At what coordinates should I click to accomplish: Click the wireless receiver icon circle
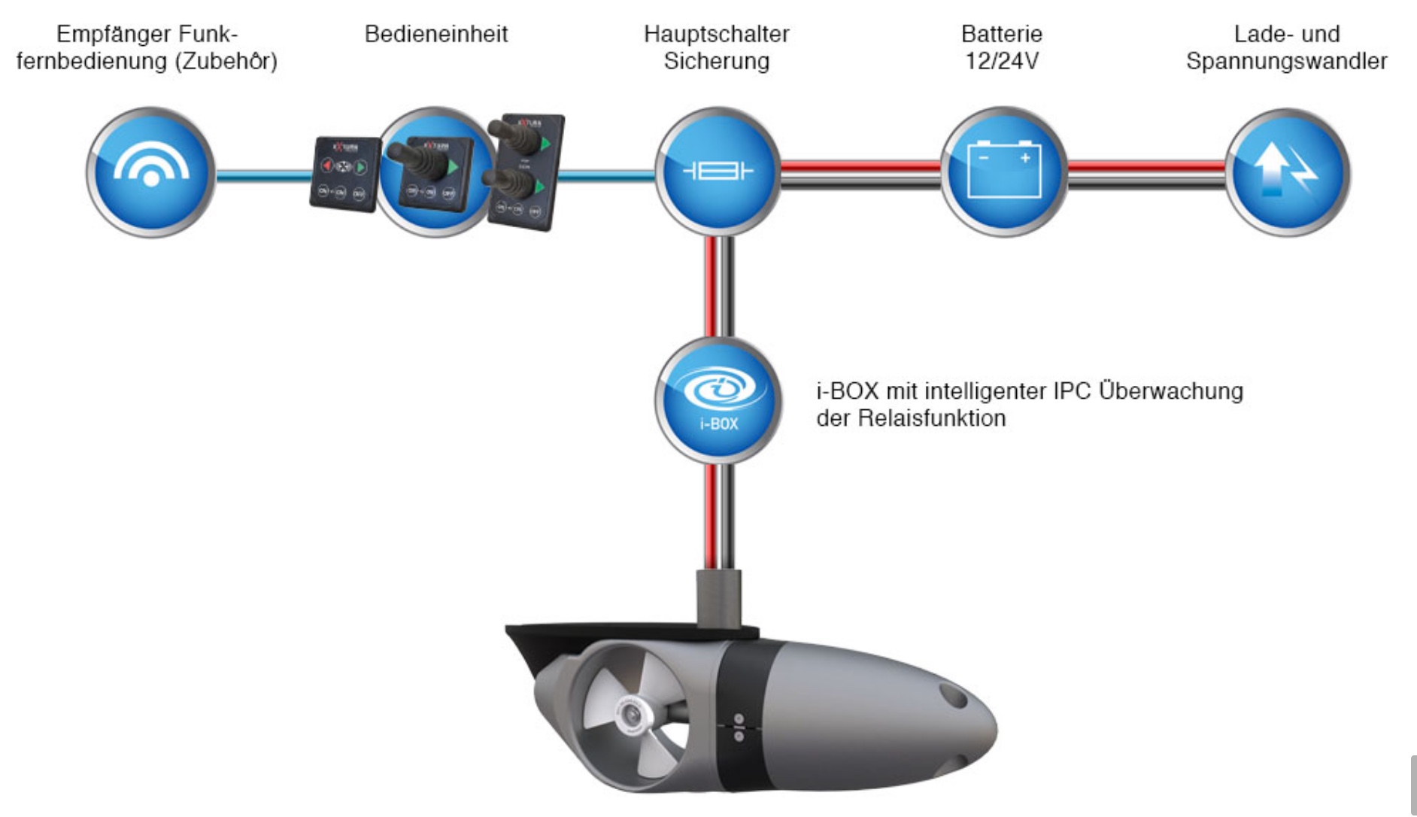[150, 172]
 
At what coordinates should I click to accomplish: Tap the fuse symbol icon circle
[718, 172]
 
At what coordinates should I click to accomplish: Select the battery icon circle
[1003, 172]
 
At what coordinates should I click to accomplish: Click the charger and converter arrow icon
[1288, 172]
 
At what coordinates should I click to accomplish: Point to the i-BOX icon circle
[718, 399]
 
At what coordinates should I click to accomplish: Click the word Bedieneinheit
[436, 34]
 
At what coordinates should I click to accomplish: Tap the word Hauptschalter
[717, 34]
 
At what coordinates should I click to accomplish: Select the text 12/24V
[1002, 61]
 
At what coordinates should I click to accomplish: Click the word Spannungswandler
[1286, 61]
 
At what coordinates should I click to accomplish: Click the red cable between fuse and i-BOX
[710, 286]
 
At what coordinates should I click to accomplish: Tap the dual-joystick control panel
[525, 172]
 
